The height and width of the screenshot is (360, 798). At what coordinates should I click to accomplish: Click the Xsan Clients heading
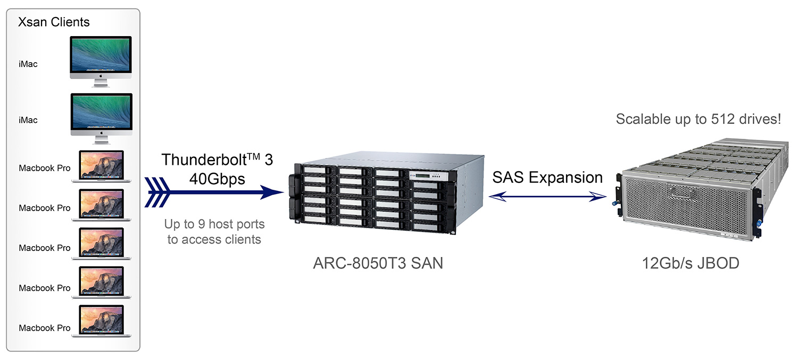[x=54, y=22]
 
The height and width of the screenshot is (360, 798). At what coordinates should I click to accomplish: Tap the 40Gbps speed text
[x=217, y=179]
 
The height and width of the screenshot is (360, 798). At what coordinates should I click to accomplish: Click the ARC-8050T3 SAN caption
[x=378, y=263]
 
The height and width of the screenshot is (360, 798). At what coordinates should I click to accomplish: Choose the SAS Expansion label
[x=547, y=177]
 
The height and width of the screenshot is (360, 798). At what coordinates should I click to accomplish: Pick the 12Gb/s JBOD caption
[x=691, y=263]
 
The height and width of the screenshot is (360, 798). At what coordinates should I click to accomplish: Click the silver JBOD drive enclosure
[x=692, y=191]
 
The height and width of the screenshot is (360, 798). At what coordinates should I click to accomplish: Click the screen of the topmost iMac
[x=100, y=54]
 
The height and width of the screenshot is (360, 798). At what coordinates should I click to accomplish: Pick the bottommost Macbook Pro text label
[x=45, y=328]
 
